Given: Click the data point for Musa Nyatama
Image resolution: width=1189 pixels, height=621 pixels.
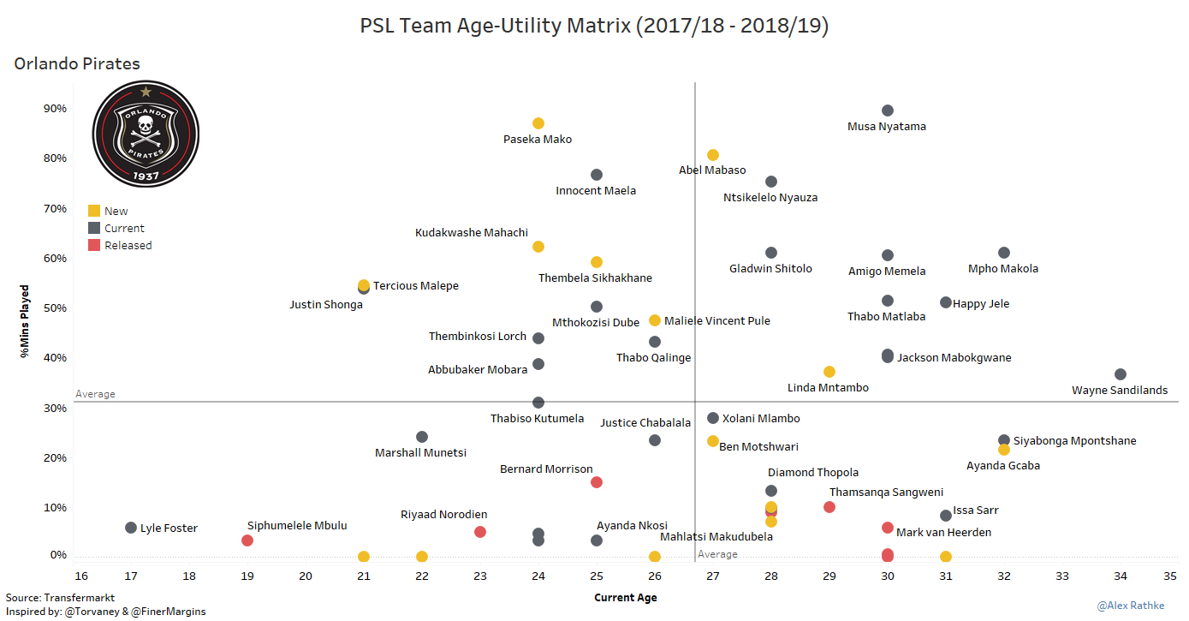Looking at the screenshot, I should tap(888, 110).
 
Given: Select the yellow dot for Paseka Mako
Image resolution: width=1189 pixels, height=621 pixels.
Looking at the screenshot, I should tap(538, 123).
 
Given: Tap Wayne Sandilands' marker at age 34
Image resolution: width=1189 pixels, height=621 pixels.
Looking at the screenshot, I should tap(1121, 374).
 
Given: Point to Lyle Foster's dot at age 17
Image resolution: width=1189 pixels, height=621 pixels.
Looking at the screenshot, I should tap(131, 528).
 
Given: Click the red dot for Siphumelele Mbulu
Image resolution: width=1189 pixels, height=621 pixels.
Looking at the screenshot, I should tap(247, 540).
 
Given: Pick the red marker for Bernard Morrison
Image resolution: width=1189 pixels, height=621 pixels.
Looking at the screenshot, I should tap(597, 482).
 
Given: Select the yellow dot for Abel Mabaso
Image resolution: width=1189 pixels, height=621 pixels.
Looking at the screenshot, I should tap(713, 155).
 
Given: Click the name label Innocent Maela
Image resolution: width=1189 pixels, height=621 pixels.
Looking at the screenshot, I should tap(596, 191).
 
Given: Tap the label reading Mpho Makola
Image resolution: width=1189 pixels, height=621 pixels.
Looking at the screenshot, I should tap(1002, 269).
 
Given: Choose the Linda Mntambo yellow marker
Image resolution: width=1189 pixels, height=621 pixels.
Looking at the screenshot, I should tap(829, 372).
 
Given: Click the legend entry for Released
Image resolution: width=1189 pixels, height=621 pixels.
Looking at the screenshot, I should tap(128, 246).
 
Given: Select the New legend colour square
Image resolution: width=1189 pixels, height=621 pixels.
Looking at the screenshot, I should tap(94, 211).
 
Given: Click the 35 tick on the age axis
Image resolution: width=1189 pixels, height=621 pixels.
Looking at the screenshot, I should tap(1169, 575).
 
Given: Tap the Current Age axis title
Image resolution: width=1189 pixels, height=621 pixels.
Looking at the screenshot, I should tap(626, 598).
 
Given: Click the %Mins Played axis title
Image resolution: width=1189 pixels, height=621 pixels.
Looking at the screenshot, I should tap(26, 320).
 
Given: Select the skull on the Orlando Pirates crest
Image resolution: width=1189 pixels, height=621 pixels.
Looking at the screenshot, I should tap(146, 128).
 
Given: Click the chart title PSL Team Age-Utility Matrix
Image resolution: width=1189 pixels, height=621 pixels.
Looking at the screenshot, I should tap(594, 27).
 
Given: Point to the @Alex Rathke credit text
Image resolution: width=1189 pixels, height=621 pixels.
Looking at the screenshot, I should tap(1131, 606).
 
